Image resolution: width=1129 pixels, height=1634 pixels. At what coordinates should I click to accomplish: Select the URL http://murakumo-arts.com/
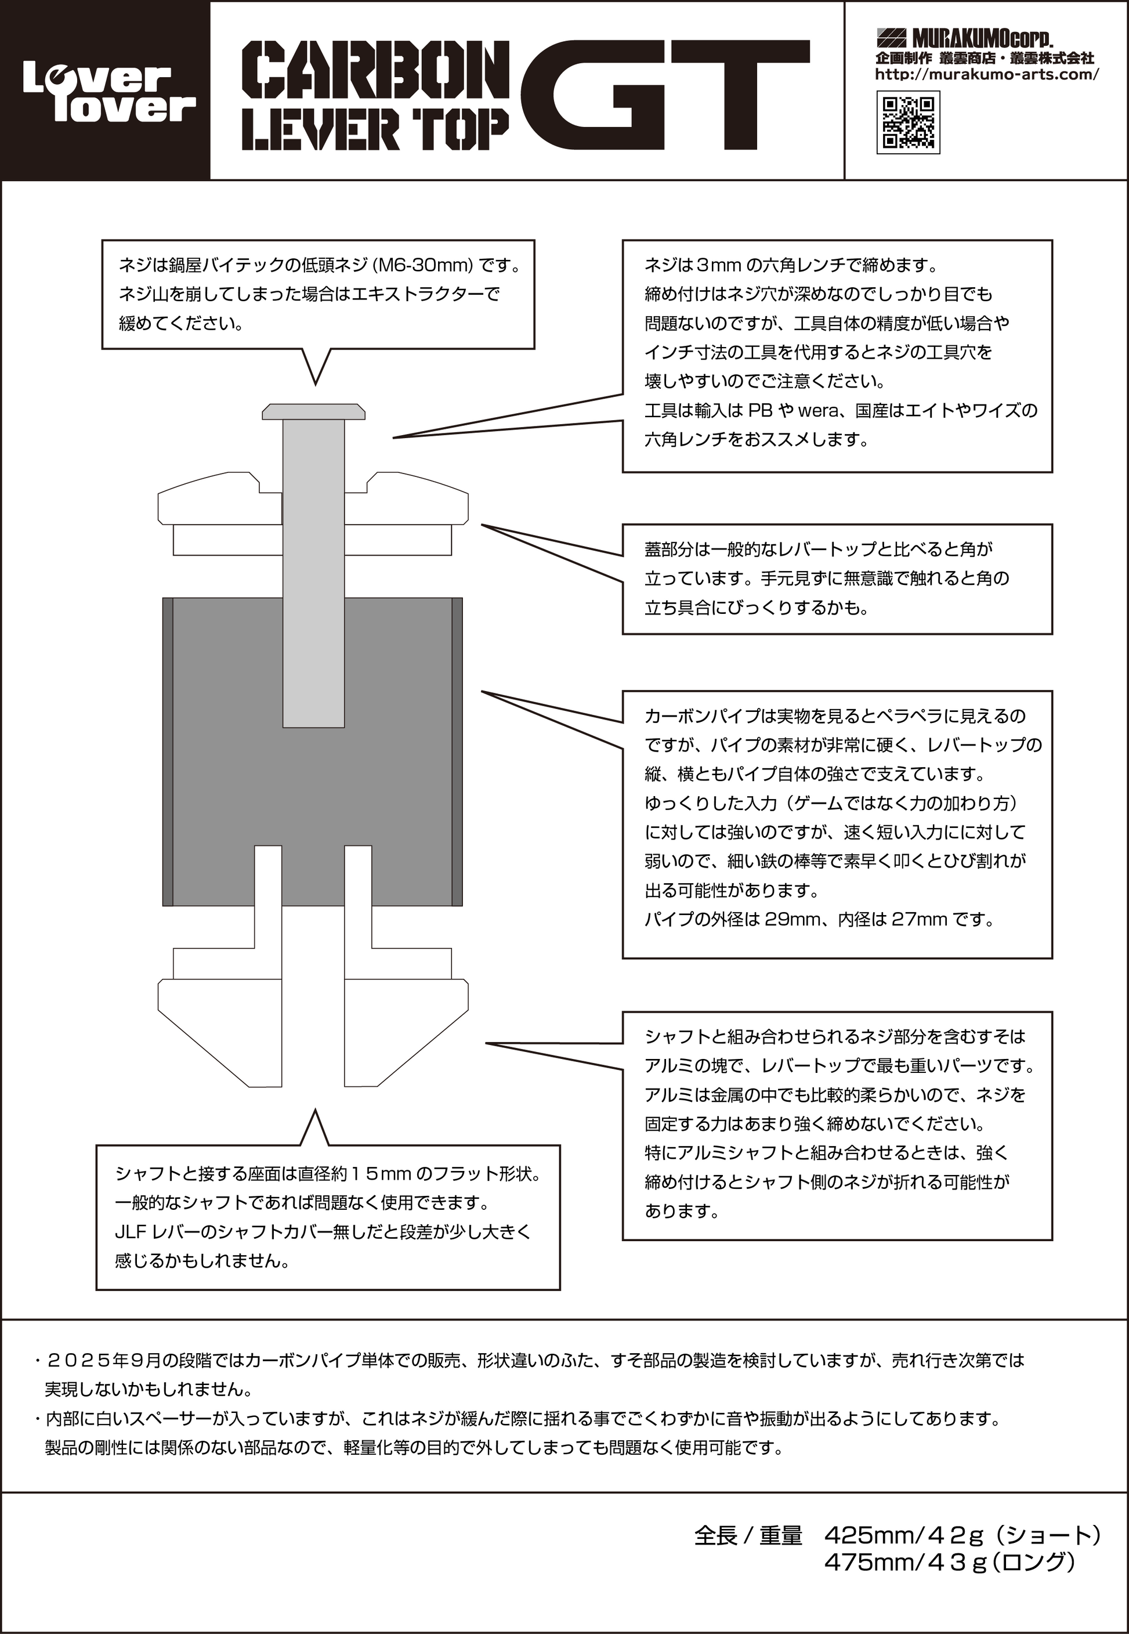pos(986,74)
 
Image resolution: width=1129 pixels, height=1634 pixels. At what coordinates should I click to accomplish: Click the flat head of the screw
pos(313,411)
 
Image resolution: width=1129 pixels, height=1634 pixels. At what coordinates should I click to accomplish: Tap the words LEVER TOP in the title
pos(375,131)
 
